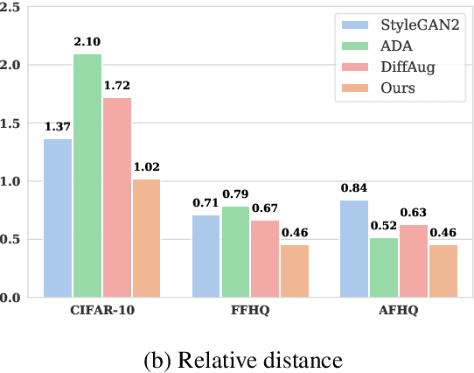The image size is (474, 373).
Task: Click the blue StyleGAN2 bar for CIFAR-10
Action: tap(57, 218)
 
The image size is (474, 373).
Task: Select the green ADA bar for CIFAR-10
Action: tap(87, 176)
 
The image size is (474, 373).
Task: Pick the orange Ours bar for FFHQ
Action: tap(295, 271)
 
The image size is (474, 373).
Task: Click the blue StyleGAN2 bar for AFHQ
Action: tap(355, 249)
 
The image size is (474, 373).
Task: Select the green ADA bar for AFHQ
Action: tap(385, 267)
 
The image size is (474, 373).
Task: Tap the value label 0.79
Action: tap(237, 194)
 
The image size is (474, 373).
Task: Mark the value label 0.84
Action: tap(353, 188)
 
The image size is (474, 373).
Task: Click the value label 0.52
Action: tap(384, 226)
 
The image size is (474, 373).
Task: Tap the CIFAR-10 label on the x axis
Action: tap(101, 312)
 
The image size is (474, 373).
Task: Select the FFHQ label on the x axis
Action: tap(251, 312)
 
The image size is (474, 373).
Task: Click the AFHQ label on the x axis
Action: tap(400, 312)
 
